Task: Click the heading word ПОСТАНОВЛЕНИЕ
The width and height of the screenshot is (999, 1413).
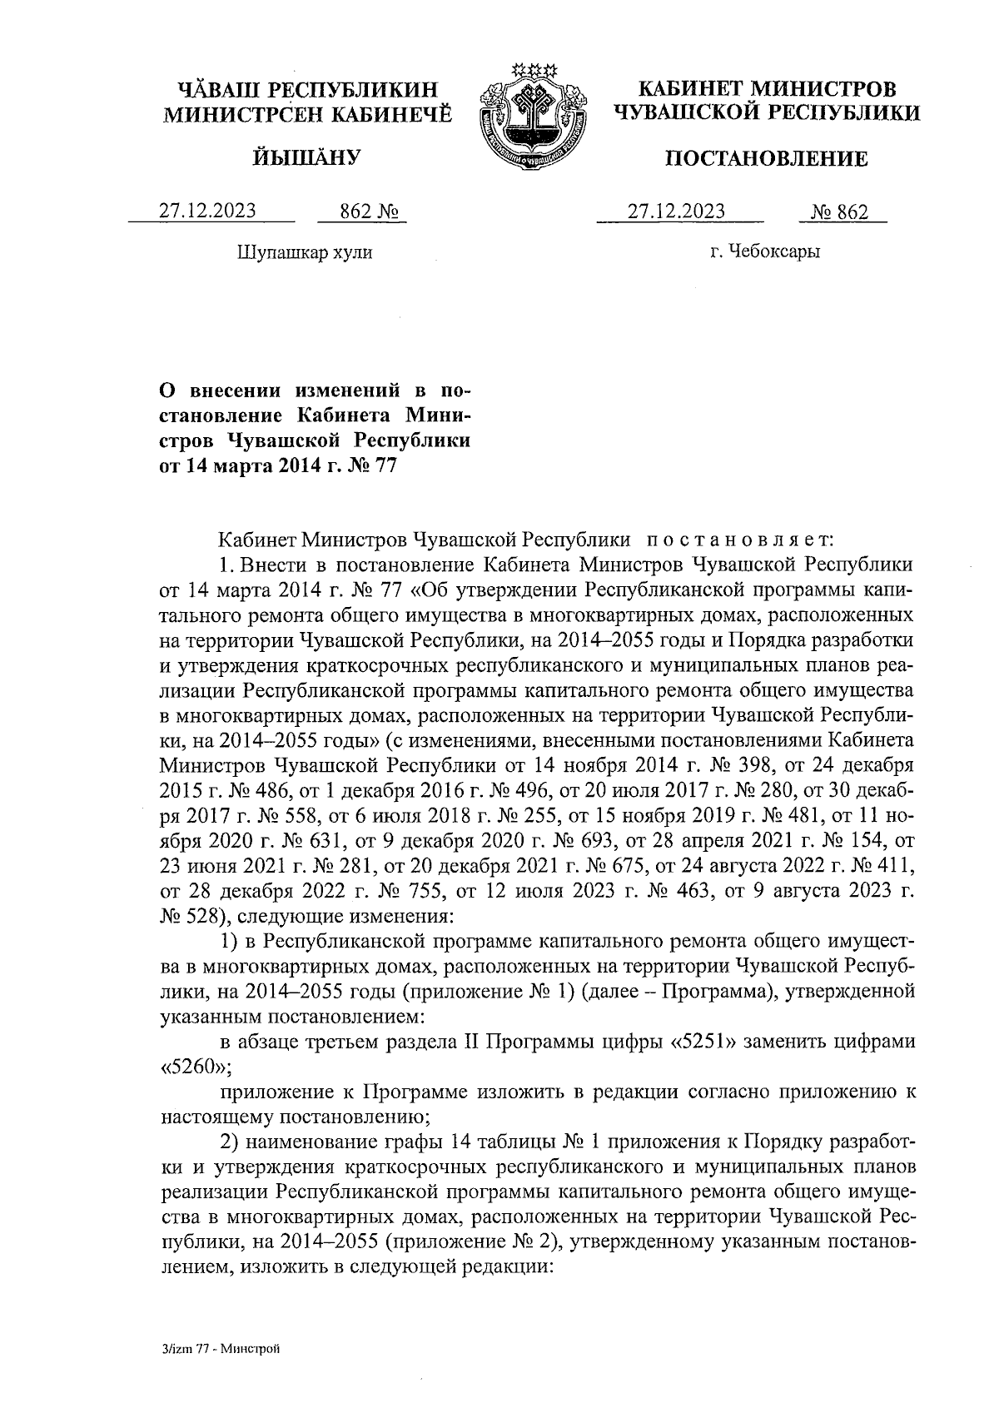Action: tap(766, 159)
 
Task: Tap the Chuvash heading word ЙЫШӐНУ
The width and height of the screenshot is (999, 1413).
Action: tap(306, 156)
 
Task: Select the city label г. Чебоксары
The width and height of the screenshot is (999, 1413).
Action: tap(765, 251)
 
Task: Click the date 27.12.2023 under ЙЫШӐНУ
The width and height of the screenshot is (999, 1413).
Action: tap(208, 211)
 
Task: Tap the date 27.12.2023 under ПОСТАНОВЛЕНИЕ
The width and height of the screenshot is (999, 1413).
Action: tap(676, 211)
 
